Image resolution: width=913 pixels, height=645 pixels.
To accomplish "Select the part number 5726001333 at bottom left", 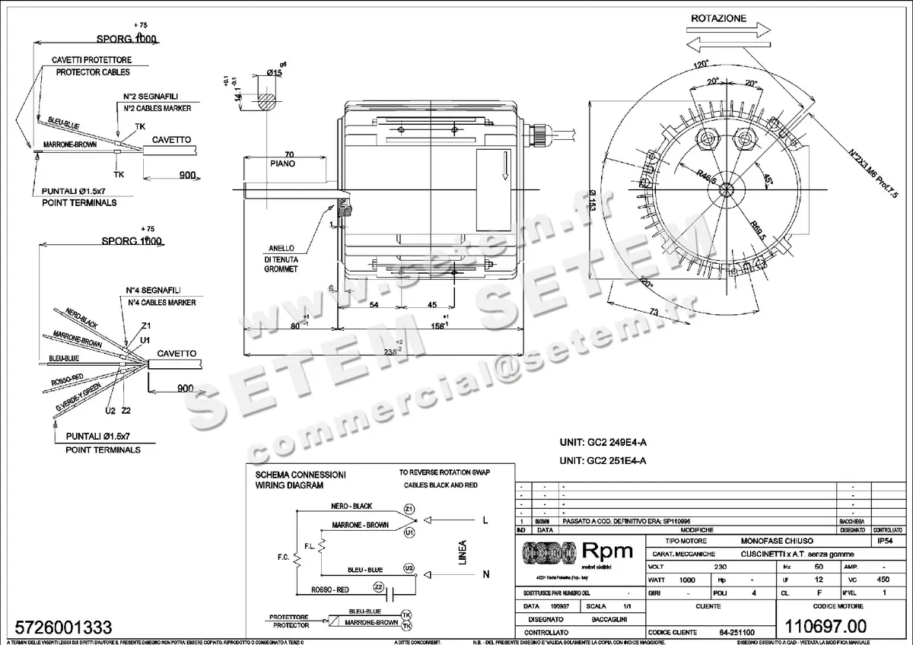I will pos(57,628).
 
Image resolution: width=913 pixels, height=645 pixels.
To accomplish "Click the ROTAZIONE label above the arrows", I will pos(719,18).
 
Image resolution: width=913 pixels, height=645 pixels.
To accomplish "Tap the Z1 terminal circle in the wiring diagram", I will pos(409,508).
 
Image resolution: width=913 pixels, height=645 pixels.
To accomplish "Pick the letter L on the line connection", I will pos(484,520).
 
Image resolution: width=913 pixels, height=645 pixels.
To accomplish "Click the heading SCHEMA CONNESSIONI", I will pos(301,473).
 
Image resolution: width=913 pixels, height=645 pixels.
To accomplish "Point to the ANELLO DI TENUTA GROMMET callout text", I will pos(282,258).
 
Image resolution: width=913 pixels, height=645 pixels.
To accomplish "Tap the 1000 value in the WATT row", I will pos(687,580).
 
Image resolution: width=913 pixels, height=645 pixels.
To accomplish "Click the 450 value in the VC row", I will pos(883,580).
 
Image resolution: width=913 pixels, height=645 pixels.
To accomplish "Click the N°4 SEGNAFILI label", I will pos(153,291).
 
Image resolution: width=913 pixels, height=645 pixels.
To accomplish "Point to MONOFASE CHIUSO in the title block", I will pos(778,540).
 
